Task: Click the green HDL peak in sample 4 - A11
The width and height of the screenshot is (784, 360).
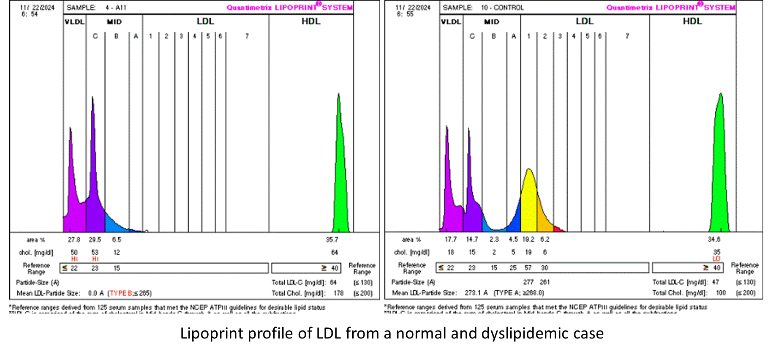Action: click(340, 177)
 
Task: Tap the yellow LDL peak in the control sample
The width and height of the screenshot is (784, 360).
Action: click(529, 199)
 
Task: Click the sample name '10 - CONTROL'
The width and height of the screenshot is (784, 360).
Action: click(502, 8)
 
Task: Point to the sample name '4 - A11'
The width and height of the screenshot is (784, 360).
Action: click(116, 8)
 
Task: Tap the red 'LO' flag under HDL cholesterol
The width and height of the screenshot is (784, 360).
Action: click(716, 259)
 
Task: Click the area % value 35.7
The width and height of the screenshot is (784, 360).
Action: click(332, 240)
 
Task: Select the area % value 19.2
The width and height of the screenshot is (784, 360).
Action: click(528, 240)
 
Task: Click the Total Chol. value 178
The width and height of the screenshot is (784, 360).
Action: click(338, 293)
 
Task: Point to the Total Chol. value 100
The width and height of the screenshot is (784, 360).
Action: click(721, 293)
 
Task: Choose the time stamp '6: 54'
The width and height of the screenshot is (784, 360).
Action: click(30, 14)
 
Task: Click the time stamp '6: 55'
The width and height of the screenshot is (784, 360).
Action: click(405, 14)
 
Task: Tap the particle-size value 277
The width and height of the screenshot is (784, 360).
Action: click(528, 282)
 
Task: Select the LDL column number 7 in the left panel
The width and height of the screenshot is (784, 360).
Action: click(247, 36)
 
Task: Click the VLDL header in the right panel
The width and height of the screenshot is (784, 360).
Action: click(451, 22)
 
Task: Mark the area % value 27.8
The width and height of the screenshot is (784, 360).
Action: click(74, 240)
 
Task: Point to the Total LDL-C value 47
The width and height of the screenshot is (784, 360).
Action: click(715, 282)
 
